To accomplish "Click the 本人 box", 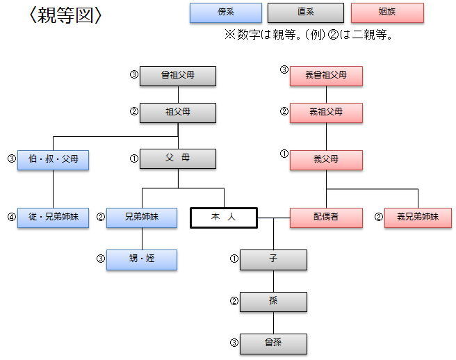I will (224, 218).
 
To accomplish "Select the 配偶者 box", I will (325, 218).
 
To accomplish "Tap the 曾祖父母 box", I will (177, 76).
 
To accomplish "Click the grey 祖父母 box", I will (177, 112).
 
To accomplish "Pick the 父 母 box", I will (177, 159).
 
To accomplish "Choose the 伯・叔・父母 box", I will (54, 160).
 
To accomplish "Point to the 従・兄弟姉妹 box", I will (54, 218).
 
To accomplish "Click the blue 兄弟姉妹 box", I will (142, 218).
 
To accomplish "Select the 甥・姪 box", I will (142, 259).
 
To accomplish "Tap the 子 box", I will (273, 259).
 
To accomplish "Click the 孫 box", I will (273, 301).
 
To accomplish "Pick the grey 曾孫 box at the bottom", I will (273, 343).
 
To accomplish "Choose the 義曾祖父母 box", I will (326, 76).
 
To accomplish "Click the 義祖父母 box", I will (326, 112).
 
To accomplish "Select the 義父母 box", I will (326, 159).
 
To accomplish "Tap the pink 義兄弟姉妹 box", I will (418, 218).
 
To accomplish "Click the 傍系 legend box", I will (226, 13).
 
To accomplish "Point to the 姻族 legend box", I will (388, 13).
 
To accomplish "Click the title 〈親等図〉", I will (66, 15).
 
